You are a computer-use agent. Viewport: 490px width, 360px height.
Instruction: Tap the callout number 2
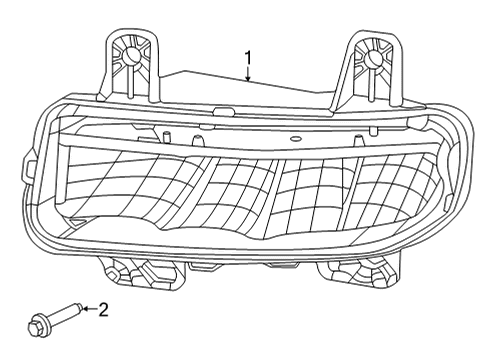[103, 309]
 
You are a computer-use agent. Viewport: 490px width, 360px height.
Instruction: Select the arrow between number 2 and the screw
[87, 310]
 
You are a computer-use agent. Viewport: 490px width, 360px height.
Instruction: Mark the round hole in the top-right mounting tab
[374, 59]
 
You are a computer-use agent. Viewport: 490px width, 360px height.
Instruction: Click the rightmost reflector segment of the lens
[385, 190]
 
